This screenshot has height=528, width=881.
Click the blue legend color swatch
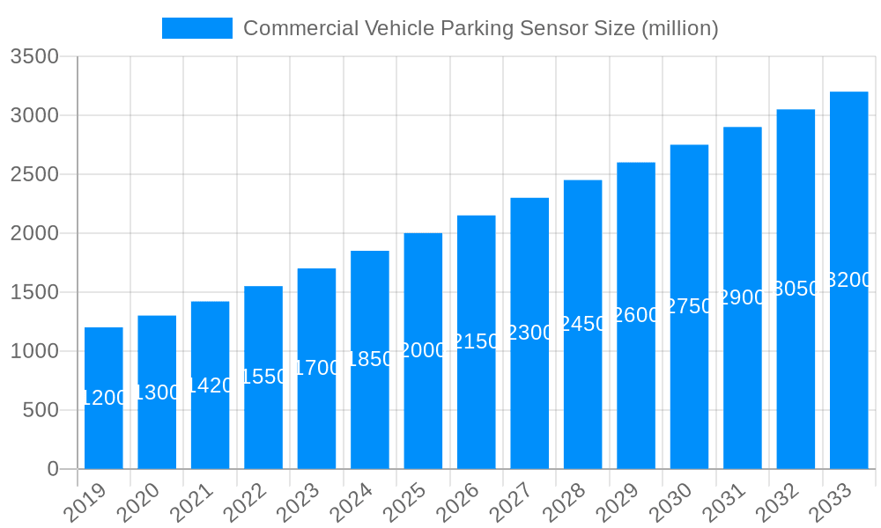point(197,28)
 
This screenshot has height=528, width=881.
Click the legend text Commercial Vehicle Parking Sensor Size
point(480,28)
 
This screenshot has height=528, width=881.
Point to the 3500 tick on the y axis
point(34,57)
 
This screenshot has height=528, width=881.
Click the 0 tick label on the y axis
point(53,469)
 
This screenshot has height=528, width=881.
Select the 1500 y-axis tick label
point(34,292)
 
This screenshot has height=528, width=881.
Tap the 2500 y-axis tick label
point(34,174)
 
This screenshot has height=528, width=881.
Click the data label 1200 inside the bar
point(104,398)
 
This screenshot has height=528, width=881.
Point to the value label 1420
point(210,385)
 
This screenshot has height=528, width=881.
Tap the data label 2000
point(423,350)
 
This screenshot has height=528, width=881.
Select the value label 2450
point(582,324)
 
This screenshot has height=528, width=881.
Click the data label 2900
point(743,297)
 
